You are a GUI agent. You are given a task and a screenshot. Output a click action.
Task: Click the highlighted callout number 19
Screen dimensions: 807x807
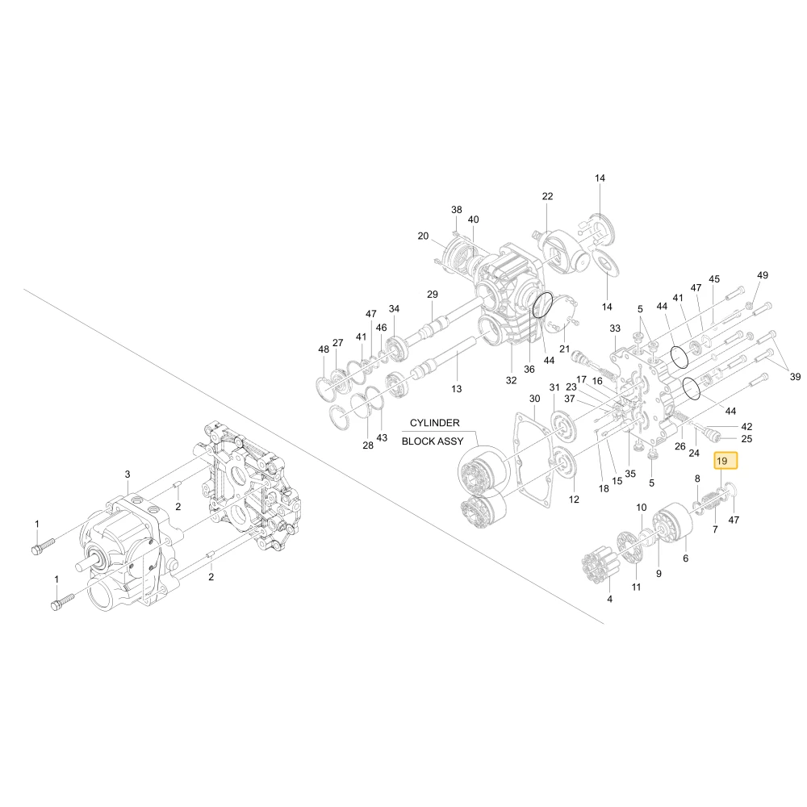click(725, 461)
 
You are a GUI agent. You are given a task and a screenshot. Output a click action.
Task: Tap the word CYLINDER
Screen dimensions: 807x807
click(434, 423)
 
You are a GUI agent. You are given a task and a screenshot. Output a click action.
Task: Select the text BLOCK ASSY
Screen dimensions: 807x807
click(433, 441)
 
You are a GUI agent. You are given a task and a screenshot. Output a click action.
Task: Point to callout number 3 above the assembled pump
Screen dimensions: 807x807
click(128, 474)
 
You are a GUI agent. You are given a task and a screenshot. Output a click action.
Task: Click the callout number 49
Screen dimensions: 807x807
click(763, 275)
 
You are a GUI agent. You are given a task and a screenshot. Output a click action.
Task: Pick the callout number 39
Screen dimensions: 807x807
click(795, 377)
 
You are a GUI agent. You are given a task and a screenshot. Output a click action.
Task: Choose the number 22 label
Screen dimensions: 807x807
click(548, 197)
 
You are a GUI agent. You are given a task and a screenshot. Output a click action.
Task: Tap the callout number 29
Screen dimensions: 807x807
click(433, 295)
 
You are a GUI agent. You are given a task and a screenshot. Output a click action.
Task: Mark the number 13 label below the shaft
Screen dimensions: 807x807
click(457, 389)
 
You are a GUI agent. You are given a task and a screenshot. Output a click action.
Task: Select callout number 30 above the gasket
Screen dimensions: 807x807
click(535, 399)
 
